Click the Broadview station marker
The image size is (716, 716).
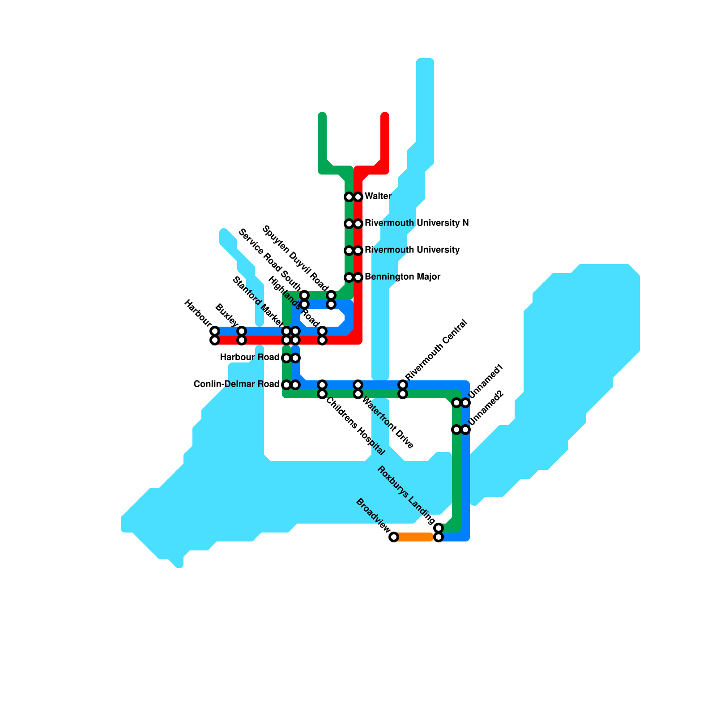click(x=393, y=537)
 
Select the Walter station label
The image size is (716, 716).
click(x=378, y=196)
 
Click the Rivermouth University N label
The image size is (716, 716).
click(x=417, y=223)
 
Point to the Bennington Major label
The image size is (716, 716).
click(x=402, y=277)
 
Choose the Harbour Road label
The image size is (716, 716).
click(x=250, y=358)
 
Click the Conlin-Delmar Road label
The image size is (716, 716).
click(x=236, y=384)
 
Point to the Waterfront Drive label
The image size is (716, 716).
click(x=388, y=423)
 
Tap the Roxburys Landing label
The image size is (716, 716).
click(x=406, y=495)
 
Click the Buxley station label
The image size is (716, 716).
click(x=226, y=315)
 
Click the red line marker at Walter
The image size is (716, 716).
click(x=358, y=197)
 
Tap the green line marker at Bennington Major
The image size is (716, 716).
click(x=349, y=277)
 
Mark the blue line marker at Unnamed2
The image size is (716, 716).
click(x=465, y=430)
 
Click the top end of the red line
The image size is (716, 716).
click(x=385, y=116)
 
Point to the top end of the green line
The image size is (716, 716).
click(x=322, y=116)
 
